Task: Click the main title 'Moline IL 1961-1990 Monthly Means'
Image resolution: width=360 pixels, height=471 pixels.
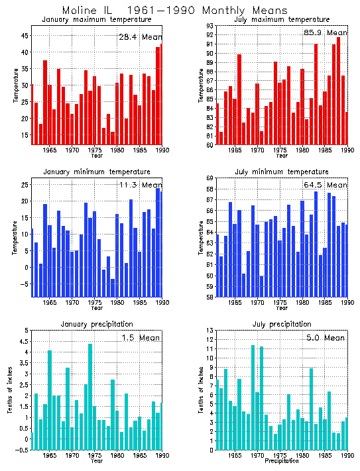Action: coord(175,11)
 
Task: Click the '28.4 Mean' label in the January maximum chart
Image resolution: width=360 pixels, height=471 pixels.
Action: coord(140,36)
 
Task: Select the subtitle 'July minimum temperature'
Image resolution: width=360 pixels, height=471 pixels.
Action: coord(282,172)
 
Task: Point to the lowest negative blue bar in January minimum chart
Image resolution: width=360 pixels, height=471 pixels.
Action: coord(113,274)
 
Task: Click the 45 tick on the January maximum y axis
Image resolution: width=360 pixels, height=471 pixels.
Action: coord(24,35)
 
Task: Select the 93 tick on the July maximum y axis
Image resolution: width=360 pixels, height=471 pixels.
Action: coord(208,26)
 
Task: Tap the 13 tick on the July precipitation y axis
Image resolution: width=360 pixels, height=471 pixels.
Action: coord(208,330)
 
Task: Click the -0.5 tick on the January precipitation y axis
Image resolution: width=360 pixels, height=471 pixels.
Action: coord(21,450)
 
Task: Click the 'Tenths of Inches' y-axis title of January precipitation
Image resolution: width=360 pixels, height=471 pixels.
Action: coord(9,390)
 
